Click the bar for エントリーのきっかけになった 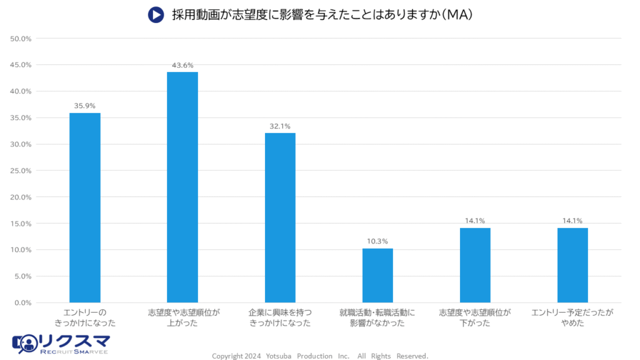85,207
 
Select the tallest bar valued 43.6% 182,187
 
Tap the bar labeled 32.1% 280,217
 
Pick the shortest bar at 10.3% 377,275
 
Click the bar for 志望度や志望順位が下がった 475,265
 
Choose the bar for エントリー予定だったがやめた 572,265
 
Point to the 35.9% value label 85,106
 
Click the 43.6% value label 182,65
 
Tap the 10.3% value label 377,241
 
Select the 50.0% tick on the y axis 21,39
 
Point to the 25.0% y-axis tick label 21,171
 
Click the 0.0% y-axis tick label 22,302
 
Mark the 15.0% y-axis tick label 21,223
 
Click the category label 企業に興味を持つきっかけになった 280,317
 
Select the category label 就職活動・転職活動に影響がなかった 377,317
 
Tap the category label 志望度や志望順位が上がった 182,317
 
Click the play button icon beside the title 156,14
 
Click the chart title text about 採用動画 322,14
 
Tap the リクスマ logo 61,343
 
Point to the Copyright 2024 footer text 320,356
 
